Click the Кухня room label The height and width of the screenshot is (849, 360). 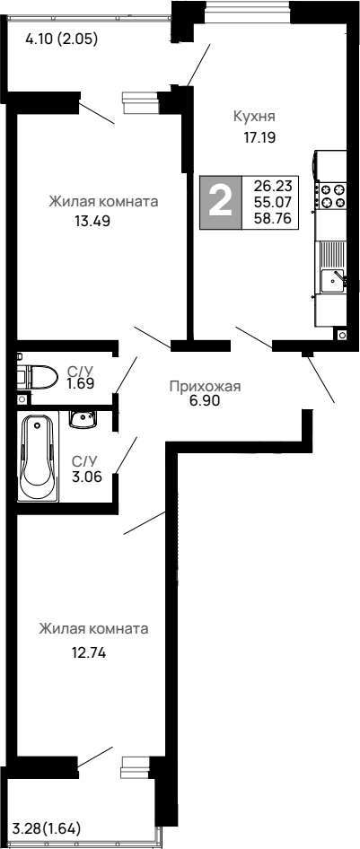pyautogui.click(x=253, y=117)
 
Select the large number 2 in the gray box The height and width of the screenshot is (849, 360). pyautogui.click(x=220, y=199)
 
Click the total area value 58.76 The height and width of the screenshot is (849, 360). pyautogui.click(x=273, y=216)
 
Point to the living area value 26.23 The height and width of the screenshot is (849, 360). pyautogui.click(x=273, y=186)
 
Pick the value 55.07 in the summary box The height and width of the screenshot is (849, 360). pyautogui.click(x=273, y=201)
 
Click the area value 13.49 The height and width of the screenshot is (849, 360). pyautogui.click(x=92, y=223)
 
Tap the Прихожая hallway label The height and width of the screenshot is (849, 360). pyautogui.click(x=206, y=387)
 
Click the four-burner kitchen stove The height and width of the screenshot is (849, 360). pyautogui.click(x=333, y=196)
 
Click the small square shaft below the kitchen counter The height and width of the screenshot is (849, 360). pyautogui.click(x=342, y=335)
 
